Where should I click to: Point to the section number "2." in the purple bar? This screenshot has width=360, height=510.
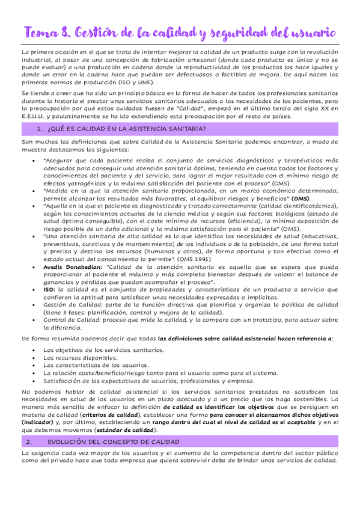click(x=28, y=441)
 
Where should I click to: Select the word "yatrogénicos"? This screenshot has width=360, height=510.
click(x=84, y=182)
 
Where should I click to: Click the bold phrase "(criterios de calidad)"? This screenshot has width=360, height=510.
click(x=111, y=414)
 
